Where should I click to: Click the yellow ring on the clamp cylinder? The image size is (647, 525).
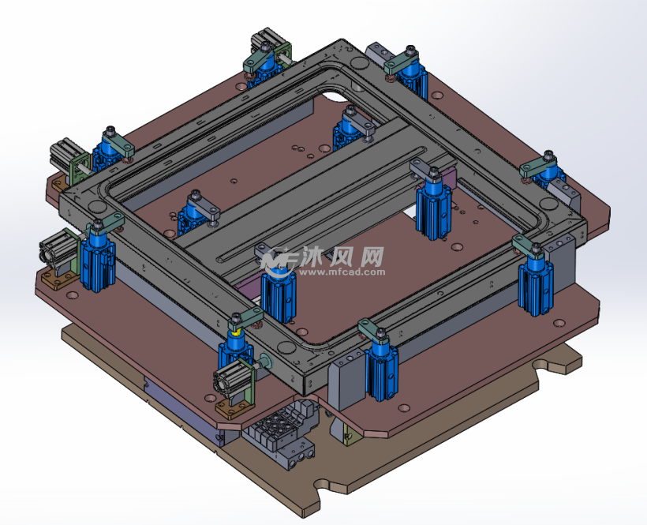click(x=236, y=332)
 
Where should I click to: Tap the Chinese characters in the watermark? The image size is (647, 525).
click(x=343, y=257)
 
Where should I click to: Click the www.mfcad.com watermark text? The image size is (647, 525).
click(x=342, y=272)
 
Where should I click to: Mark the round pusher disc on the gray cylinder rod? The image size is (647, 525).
click(x=265, y=361)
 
